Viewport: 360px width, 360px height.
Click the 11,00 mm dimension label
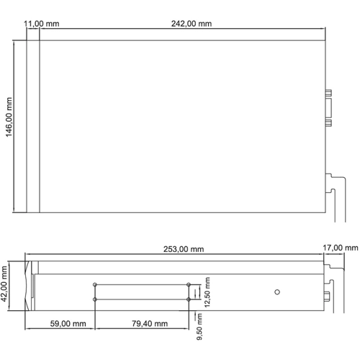[41, 24]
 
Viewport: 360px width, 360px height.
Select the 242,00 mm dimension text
[192, 24]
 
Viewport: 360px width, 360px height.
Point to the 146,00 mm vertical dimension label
[9, 117]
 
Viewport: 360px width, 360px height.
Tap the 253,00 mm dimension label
[184, 249]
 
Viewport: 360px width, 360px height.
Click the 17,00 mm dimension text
[340, 248]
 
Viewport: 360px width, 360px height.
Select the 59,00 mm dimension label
[68, 323]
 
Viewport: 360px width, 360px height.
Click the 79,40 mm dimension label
[150, 323]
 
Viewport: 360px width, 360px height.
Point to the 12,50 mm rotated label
[207, 292]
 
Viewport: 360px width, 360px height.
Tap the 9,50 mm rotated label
[199, 327]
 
